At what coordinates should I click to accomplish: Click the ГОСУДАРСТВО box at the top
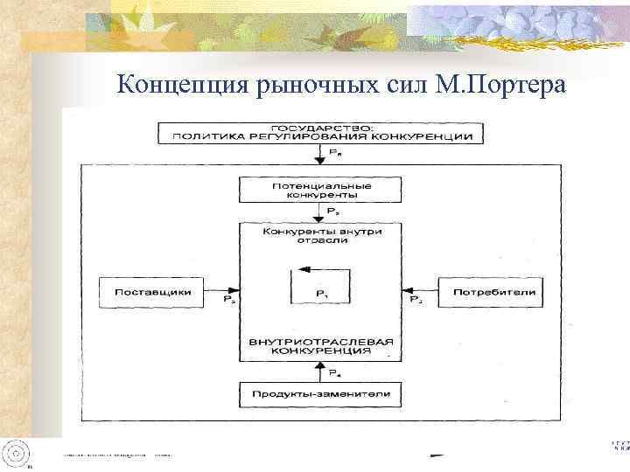point(320,133)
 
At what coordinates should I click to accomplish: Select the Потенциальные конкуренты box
point(320,191)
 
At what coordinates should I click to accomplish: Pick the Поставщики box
point(152,291)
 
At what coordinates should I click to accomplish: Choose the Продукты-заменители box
point(320,393)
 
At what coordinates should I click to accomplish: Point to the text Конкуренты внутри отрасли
point(320,237)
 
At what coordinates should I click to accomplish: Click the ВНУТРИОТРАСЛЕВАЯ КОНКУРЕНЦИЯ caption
point(320,345)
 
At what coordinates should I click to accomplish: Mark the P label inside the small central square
point(320,293)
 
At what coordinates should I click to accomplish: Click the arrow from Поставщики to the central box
point(222,291)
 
